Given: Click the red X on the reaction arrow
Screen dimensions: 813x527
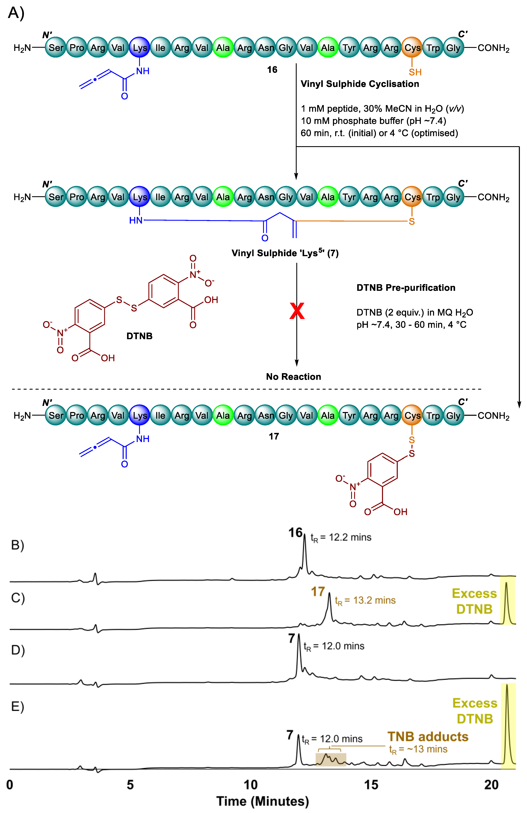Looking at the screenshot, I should pos(297,311).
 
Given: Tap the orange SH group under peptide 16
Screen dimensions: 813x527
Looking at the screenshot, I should pos(415,72).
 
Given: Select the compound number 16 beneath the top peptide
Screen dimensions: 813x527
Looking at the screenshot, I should pos(272,70).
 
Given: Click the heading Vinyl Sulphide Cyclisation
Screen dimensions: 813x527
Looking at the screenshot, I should pos(360,84).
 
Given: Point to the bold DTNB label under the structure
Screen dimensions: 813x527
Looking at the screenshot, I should pos(139,336).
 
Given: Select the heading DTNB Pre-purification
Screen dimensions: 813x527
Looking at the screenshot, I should pos(406,288).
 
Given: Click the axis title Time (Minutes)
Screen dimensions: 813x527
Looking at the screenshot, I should pos(262,801).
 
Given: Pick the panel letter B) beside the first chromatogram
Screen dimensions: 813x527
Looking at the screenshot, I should pos(17,545).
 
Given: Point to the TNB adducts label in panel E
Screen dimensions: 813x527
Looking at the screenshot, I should pos(428,737).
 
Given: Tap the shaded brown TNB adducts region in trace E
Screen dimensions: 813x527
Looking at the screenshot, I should pos(331,760).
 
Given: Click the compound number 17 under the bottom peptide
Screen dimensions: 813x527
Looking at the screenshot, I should pos(274,436).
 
